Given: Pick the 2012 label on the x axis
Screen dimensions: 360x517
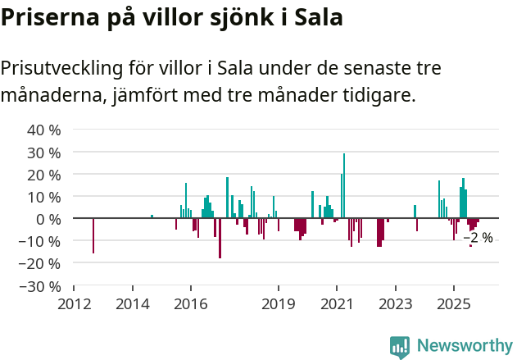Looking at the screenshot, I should pyautogui.click(x=74, y=304).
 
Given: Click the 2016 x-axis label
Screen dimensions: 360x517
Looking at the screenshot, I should pyautogui.click(x=191, y=304).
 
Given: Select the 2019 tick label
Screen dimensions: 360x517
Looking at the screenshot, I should pyautogui.click(x=279, y=304).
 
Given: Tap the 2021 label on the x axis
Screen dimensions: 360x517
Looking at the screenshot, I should pyautogui.click(x=337, y=304).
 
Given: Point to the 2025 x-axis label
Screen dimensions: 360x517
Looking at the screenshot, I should pyautogui.click(x=453, y=304).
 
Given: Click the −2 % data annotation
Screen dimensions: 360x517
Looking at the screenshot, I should pyautogui.click(x=478, y=238).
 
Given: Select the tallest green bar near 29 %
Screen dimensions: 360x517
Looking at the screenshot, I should pyautogui.click(x=344, y=185).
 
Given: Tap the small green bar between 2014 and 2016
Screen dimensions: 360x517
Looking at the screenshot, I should pyautogui.click(x=152, y=216).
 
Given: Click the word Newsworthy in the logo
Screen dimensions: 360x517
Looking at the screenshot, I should pyautogui.click(x=465, y=345).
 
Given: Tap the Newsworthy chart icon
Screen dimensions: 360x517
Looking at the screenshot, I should pyautogui.click(x=400, y=347).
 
